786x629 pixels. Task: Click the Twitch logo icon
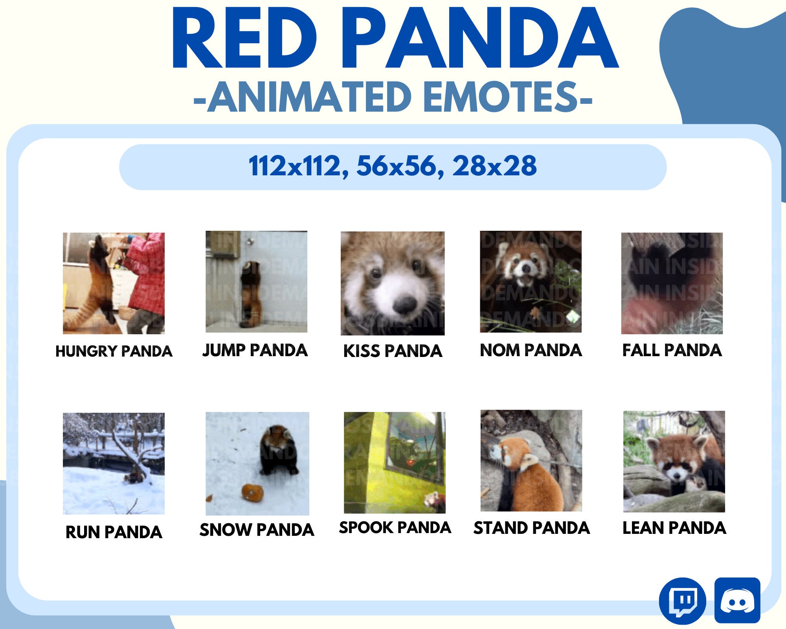click(682, 600)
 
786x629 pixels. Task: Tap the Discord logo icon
click(737, 600)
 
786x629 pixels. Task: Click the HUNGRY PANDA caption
click(114, 351)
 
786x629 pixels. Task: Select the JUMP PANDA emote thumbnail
click(256, 281)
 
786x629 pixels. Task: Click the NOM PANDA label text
click(531, 350)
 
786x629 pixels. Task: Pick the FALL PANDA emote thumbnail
click(672, 283)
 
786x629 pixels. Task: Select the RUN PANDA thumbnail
click(114, 463)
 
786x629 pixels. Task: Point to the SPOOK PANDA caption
click(395, 527)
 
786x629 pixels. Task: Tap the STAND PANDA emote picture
click(531, 461)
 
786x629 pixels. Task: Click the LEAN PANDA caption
click(674, 528)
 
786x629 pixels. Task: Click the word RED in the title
click(244, 39)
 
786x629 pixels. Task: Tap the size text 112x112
click(295, 166)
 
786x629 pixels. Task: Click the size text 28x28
click(494, 166)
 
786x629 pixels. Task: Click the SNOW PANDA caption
click(257, 530)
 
